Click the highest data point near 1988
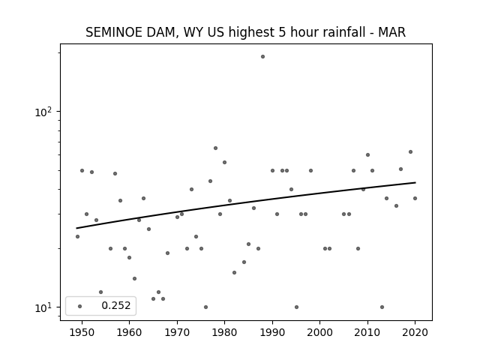tap(262, 57)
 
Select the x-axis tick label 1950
tap(82, 332)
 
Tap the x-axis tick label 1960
tap(129, 332)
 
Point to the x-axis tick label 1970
tap(177, 332)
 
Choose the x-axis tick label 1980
tap(224, 332)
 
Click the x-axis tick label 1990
tap(272, 332)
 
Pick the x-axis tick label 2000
tap(319, 332)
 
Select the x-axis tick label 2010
tap(367, 332)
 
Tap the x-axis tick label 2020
tap(415, 332)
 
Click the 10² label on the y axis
tap(43, 112)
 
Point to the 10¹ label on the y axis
tap(43, 307)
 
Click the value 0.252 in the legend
tap(116, 305)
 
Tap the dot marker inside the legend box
tap(79, 306)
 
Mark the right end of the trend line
tap(415, 182)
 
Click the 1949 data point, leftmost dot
tap(77, 237)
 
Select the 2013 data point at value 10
tap(382, 307)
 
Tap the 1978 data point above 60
tap(215, 148)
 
